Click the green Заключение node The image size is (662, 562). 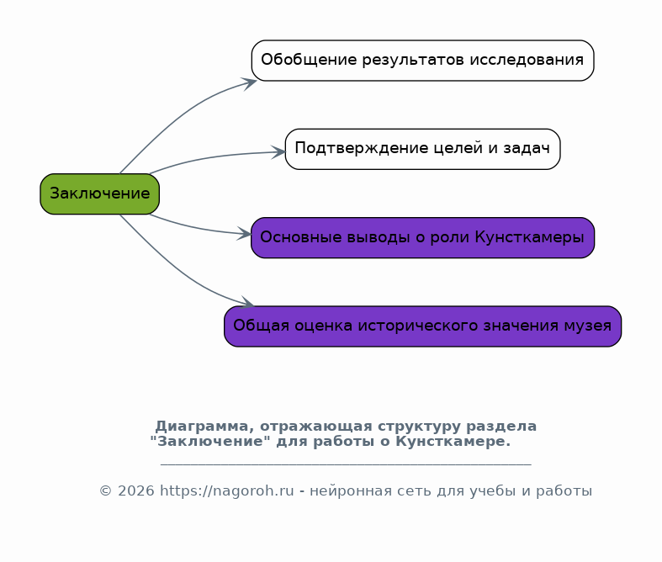(x=99, y=194)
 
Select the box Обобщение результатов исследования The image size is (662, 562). (x=422, y=61)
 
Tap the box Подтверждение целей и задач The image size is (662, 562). (x=422, y=149)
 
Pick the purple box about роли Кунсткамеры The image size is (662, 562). (x=422, y=238)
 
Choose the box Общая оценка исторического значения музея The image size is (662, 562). (x=422, y=326)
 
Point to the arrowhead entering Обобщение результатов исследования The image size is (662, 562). (x=250, y=82)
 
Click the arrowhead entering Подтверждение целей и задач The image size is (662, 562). (x=278, y=152)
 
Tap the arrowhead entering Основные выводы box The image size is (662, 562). (x=245, y=234)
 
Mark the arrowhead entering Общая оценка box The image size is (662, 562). (x=247, y=302)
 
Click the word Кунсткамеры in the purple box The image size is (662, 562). (x=529, y=237)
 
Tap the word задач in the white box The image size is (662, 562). (x=527, y=149)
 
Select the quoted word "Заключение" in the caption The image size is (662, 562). (x=210, y=442)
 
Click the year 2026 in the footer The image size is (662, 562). (x=136, y=491)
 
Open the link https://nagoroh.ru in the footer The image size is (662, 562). (x=227, y=491)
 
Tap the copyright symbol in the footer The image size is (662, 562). (x=105, y=491)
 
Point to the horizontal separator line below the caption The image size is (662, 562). (x=346, y=465)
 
